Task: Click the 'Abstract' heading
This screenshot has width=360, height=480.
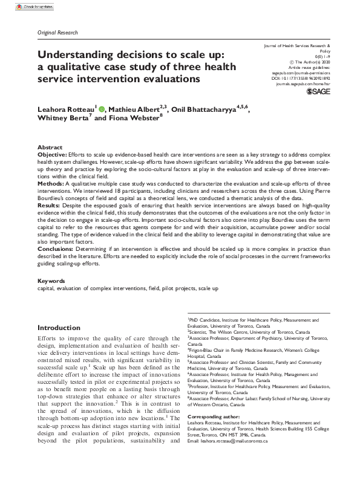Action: click(x=50, y=148)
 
